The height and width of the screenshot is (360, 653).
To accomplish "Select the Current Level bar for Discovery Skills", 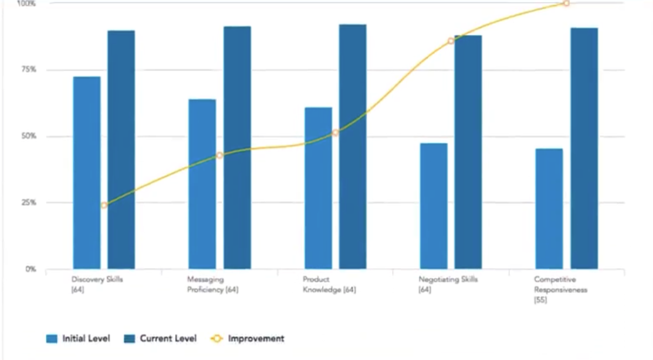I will coord(121,150).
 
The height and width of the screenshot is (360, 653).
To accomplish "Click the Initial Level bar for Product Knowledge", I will coord(318,188).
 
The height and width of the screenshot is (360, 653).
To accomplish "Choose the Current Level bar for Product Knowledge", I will coord(352,146).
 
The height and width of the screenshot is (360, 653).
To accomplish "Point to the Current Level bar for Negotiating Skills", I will coord(468,152).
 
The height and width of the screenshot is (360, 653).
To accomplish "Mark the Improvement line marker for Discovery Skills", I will coord(104,205).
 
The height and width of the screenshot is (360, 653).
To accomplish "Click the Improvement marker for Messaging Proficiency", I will coord(219,156).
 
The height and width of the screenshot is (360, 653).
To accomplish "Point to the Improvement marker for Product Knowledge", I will coord(335,133).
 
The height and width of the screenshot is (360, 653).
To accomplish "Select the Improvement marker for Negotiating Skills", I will coord(451,41).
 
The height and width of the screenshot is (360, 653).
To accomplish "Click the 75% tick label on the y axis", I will coord(28,70).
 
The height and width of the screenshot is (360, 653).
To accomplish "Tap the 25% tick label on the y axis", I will coord(28,203).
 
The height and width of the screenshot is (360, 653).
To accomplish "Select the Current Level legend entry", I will coord(161,338).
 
